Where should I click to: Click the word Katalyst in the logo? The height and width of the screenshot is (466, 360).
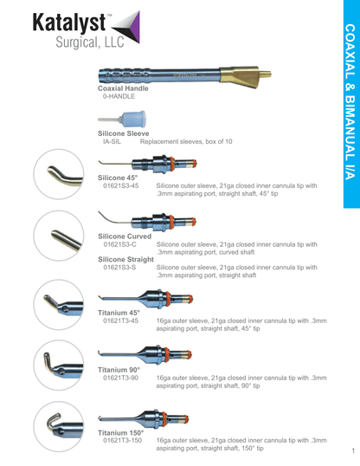pyautogui.click(x=68, y=23)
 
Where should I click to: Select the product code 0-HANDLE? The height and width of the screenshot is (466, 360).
pyautogui.click(x=119, y=96)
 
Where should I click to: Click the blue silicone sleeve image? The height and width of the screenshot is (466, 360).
pyautogui.click(x=122, y=120)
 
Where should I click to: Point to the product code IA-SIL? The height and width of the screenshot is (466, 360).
pyautogui.click(x=112, y=141)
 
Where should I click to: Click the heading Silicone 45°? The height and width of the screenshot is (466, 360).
pyautogui.click(x=118, y=178)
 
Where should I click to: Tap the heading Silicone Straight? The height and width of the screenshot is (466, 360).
pyautogui.click(x=126, y=260)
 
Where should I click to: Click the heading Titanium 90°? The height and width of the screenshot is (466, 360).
pyautogui.click(x=119, y=370)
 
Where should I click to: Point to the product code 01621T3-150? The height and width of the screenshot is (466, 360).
pyautogui.click(x=122, y=440)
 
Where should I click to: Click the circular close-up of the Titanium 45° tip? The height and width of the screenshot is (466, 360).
pyautogui.click(x=59, y=305)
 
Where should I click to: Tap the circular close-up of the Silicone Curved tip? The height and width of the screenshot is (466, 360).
pyautogui.click(x=59, y=236)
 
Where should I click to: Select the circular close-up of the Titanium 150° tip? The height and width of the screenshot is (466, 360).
pyautogui.click(x=59, y=426)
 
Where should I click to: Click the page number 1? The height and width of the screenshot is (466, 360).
pyautogui.click(x=353, y=450)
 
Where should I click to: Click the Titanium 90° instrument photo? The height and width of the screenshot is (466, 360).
pyautogui.click(x=145, y=354)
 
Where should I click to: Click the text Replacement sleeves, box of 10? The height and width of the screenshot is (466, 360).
pyautogui.click(x=186, y=141)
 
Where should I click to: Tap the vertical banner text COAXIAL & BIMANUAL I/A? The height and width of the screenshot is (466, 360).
pyautogui.click(x=350, y=102)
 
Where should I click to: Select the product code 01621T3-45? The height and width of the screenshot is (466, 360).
pyautogui.click(x=120, y=320)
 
